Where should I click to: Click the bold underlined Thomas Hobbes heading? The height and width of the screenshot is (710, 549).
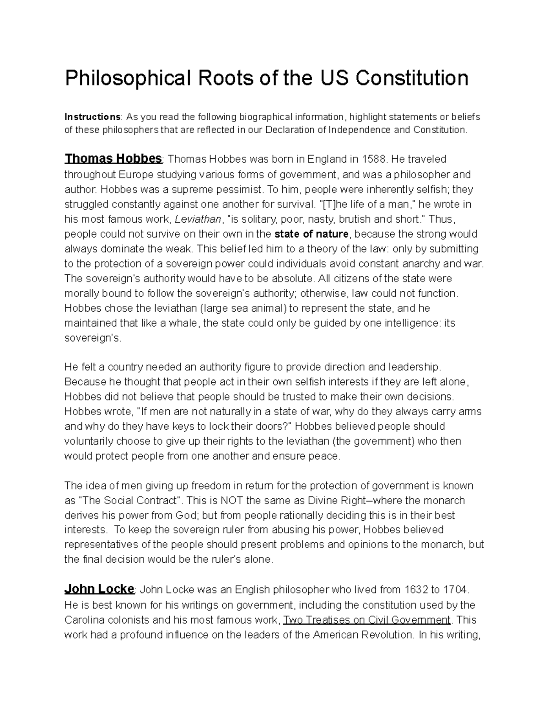coord(113,159)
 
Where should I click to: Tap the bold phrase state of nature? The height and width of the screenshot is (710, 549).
coord(312,234)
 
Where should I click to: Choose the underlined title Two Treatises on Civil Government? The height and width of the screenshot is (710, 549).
coord(367,620)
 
